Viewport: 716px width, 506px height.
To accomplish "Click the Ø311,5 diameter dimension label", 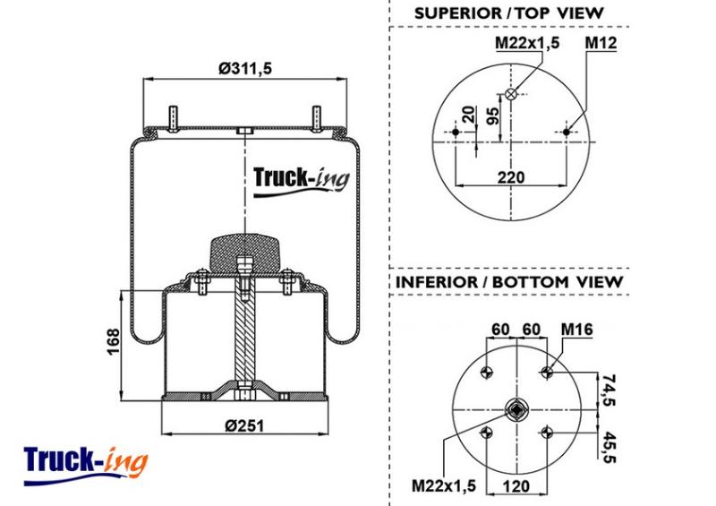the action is [245, 69].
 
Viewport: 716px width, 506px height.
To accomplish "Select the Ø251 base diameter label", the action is [244, 425].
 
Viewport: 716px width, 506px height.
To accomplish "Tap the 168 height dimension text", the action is [113, 341].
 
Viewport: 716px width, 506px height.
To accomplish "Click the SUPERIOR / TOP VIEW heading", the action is [509, 13].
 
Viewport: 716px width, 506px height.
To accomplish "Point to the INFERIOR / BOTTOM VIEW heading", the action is [509, 281].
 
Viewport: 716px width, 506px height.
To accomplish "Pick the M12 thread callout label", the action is [601, 43].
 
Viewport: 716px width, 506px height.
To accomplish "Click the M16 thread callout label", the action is [576, 329].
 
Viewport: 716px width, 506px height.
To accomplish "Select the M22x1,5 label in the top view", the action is [527, 43].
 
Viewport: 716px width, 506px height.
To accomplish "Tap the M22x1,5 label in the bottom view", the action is [444, 485].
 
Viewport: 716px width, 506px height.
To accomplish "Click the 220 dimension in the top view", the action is [510, 177].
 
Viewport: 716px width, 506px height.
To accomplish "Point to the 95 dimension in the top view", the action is [493, 116].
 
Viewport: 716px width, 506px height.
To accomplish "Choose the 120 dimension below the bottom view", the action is [516, 486].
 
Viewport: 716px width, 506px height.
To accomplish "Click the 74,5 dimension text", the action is [609, 390].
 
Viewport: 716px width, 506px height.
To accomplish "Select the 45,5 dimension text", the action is [609, 447].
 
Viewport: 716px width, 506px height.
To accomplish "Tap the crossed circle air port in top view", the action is [511, 94].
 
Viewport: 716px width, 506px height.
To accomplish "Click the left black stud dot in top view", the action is [456, 133].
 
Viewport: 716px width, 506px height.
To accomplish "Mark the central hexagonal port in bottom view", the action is [516, 410].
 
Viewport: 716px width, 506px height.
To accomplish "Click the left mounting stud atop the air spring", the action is [173, 119].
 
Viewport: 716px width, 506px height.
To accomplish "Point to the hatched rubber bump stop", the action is [244, 254].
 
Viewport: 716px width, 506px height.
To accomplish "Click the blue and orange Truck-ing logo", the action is [85, 465].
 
